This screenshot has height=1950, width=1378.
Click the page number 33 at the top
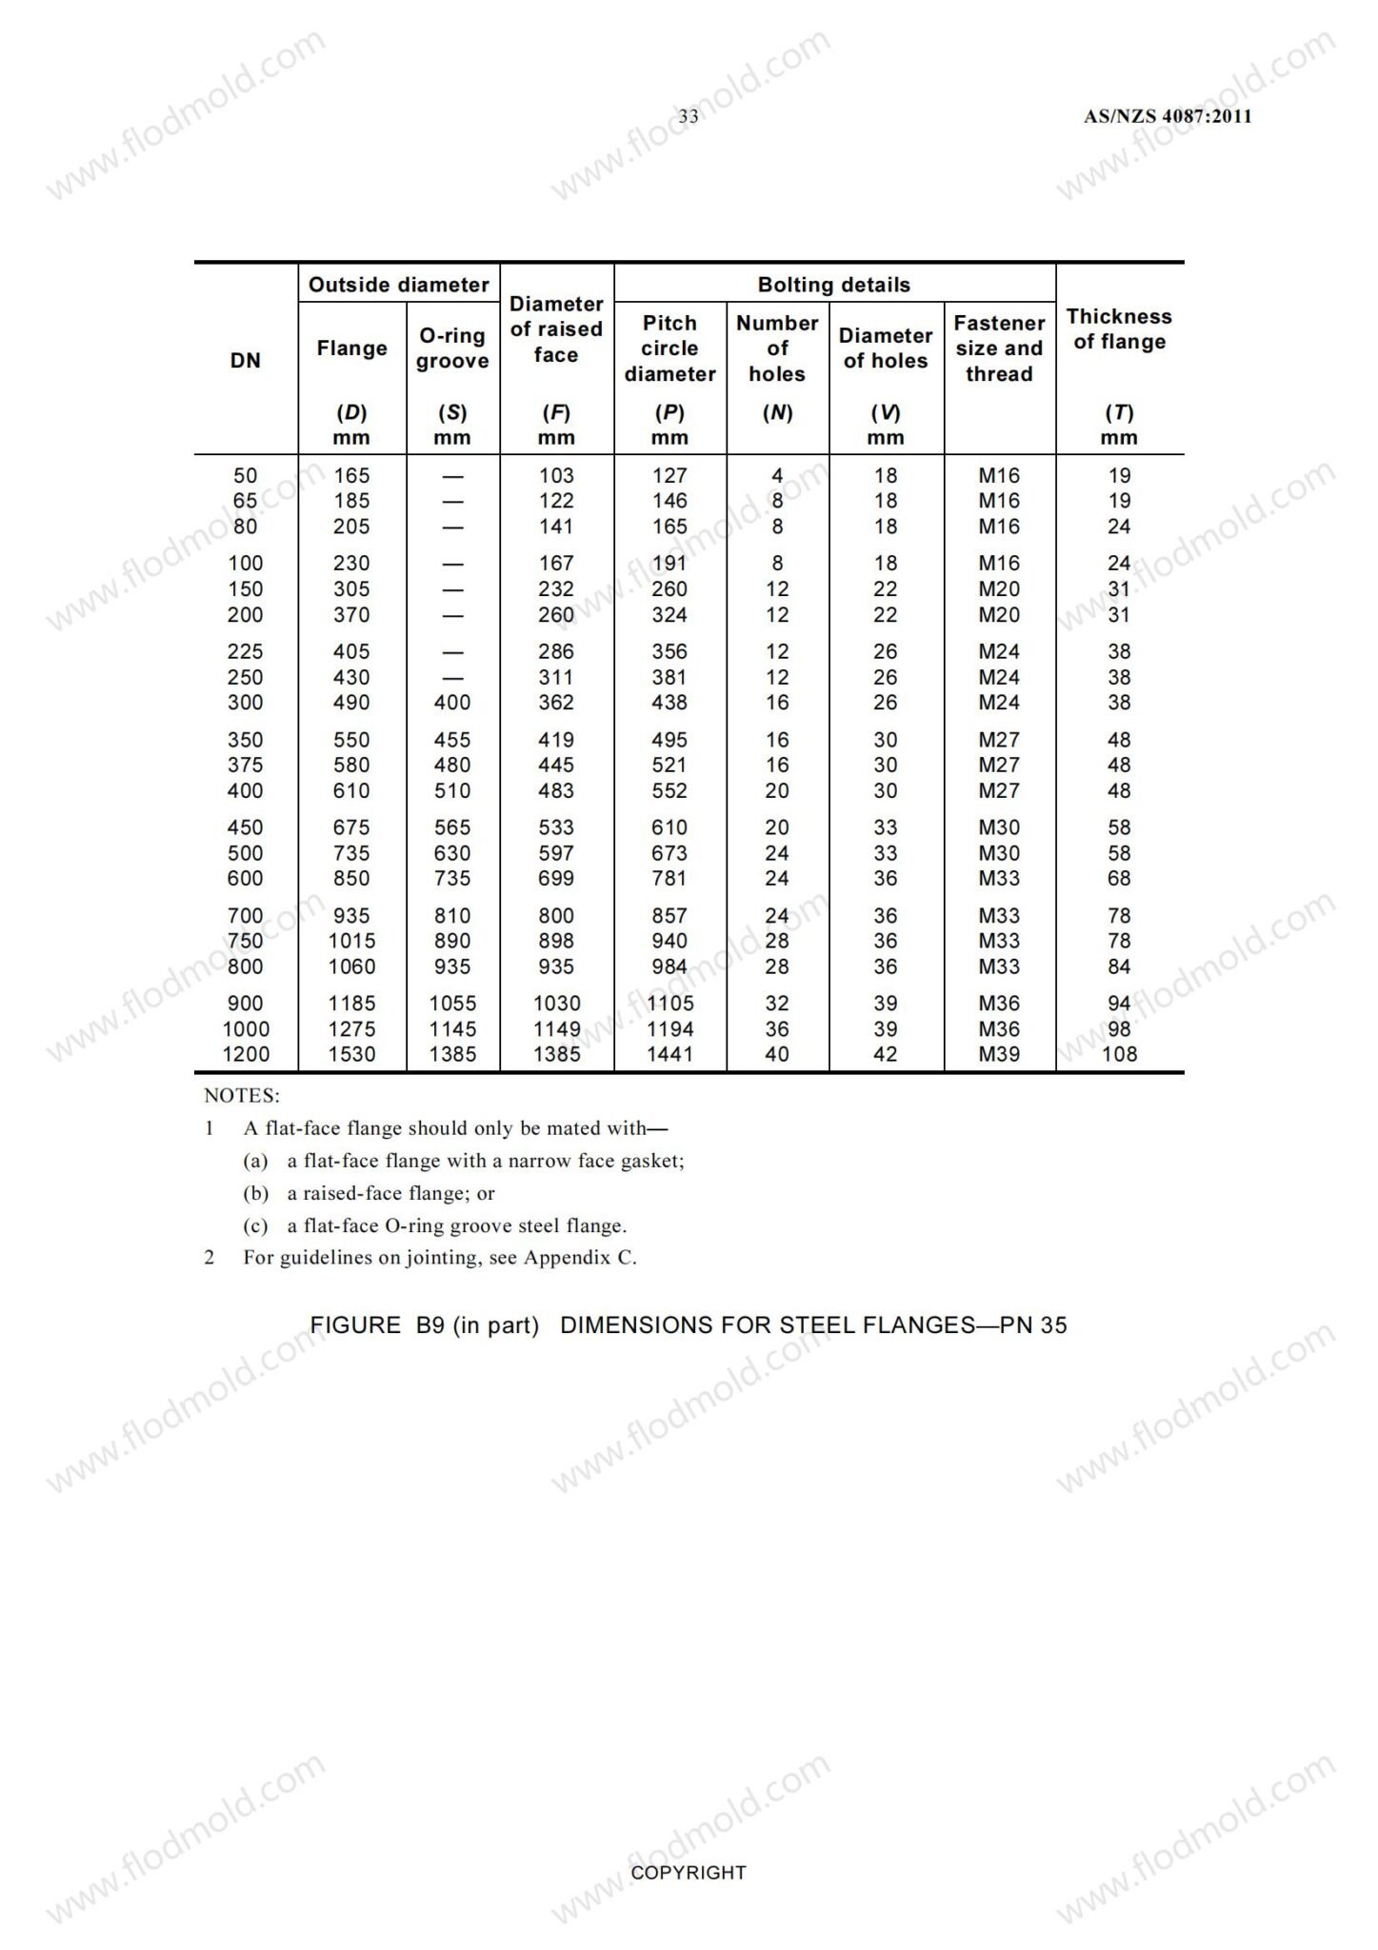click(688, 116)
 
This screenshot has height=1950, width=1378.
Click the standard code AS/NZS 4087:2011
click(1168, 116)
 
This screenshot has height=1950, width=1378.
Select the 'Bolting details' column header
click(833, 285)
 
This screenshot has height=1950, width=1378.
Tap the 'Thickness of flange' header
click(1119, 329)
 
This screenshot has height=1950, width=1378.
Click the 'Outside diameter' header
click(398, 285)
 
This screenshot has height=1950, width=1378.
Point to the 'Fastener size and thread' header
click(999, 348)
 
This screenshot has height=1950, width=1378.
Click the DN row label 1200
click(246, 1055)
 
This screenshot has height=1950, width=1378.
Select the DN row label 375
click(246, 766)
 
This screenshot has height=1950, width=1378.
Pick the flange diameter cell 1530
click(351, 1055)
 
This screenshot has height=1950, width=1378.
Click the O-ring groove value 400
click(452, 703)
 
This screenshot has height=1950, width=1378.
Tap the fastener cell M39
click(999, 1055)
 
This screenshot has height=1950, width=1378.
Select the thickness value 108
click(1119, 1055)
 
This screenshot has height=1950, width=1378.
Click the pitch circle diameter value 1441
click(669, 1055)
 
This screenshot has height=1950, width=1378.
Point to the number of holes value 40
click(777, 1055)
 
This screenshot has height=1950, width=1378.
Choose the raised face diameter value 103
click(556, 476)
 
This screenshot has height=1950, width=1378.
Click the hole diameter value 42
click(885, 1055)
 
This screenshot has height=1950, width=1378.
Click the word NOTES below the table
click(242, 1096)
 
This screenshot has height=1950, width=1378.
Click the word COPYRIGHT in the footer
click(689, 1873)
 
